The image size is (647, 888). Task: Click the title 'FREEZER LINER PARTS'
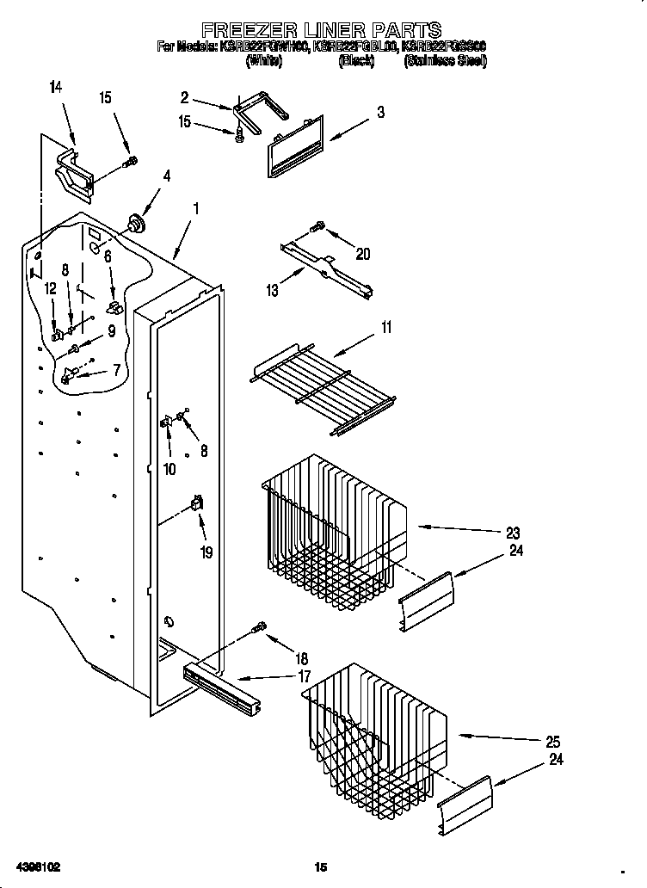[322, 31]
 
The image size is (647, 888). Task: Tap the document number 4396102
[37, 866]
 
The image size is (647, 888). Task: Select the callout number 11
[386, 326]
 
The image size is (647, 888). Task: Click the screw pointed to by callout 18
[259, 627]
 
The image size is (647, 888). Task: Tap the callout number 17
[304, 676]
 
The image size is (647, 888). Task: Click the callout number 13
[272, 291]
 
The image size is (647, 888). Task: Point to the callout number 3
[380, 112]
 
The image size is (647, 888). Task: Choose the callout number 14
[56, 86]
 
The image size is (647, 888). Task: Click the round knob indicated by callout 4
[135, 224]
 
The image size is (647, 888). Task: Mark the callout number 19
[206, 552]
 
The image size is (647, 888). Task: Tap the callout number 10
[169, 469]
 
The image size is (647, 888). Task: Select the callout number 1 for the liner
[196, 207]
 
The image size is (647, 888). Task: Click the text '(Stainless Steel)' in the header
[445, 61]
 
